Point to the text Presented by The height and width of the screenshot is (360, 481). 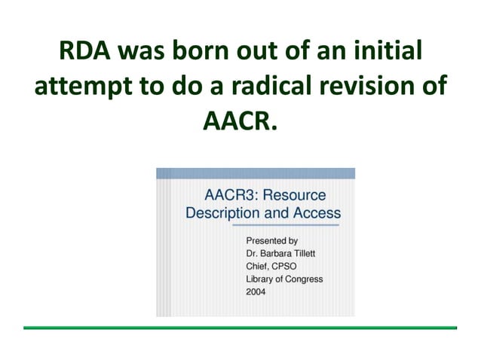272,240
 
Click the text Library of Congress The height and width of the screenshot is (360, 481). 284,279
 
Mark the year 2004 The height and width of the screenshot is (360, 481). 256,292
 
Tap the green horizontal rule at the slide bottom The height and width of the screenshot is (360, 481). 240,328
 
